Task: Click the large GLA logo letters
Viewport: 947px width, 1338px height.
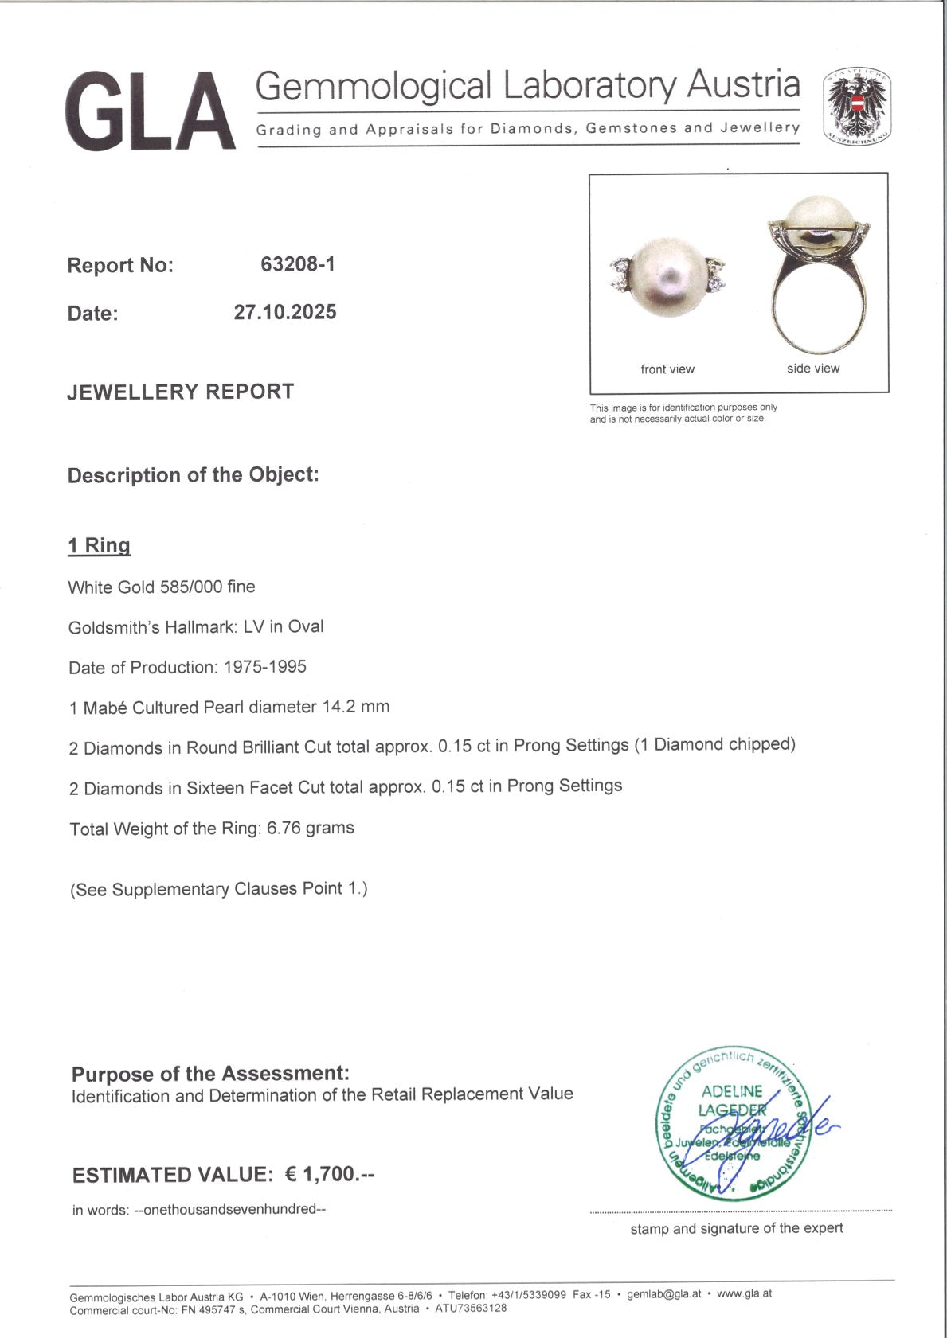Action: [151, 111]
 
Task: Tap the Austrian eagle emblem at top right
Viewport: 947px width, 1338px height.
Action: [856, 107]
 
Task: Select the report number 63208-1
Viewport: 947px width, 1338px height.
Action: [298, 263]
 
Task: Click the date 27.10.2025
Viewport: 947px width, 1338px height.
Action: [285, 312]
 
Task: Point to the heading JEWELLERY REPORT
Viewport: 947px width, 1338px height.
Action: [181, 392]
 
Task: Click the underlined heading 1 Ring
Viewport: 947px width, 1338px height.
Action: [99, 546]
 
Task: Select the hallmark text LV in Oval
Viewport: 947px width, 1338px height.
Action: [284, 626]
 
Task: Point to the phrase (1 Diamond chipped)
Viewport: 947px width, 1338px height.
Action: [714, 745]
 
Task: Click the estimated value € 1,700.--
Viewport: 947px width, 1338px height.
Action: [329, 1174]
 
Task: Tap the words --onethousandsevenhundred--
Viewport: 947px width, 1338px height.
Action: [230, 1210]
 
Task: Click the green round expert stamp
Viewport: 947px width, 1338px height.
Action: [731, 1122]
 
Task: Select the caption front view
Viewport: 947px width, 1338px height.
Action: [667, 369]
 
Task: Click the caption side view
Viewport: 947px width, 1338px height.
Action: [813, 369]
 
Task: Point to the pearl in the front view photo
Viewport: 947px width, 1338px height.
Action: [668, 275]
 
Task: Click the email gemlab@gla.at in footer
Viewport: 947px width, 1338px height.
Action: [663, 1294]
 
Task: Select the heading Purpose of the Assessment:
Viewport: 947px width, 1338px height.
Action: [210, 1074]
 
